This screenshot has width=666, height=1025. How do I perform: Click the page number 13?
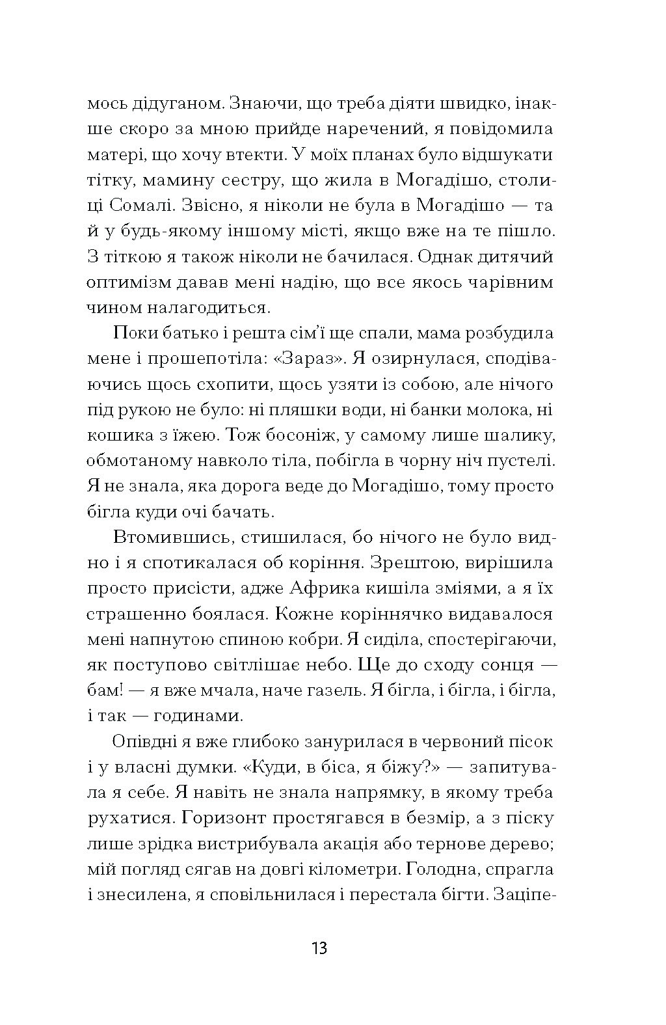[319, 947]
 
